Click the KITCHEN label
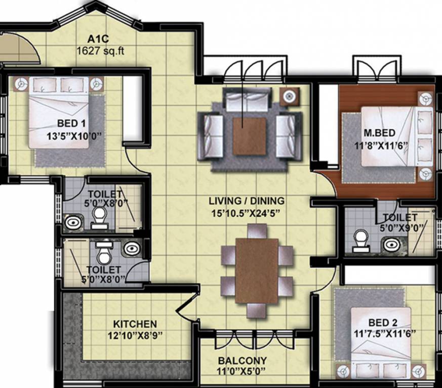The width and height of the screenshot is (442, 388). [x=135, y=324]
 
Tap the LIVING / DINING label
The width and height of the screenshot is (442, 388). [x=247, y=201]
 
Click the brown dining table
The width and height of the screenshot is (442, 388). [x=257, y=270]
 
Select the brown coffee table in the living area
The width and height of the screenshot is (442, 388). [x=249, y=135]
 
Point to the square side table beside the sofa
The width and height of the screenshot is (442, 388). [x=289, y=96]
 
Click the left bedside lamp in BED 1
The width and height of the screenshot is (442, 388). [x=20, y=83]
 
